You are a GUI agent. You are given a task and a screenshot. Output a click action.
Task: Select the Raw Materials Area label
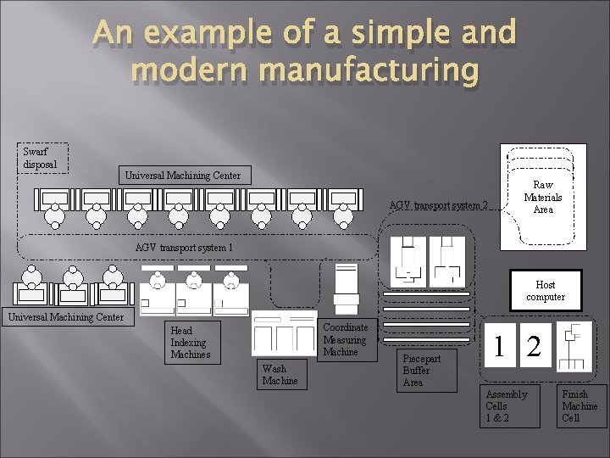pyautogui.click(x=542, y=198)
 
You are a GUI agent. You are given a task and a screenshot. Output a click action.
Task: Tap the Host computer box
pyautogui.click(x=545, y=291)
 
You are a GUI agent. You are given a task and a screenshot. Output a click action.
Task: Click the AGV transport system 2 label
pyautogui.click(x=438, y=204)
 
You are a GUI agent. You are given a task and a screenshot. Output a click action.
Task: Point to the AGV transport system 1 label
pyautogui.click(x=184, y=248)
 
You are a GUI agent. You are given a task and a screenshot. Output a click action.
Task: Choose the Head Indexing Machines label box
pyautogui.click(x=191, y=342)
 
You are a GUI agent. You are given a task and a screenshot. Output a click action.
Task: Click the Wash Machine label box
pyautogui.click(x=280, y=374)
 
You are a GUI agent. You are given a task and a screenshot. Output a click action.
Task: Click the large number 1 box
pyautogui.click(x=502, y=346)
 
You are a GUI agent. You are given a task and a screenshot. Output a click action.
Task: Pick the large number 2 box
pyautogui.click(x=534, y=346)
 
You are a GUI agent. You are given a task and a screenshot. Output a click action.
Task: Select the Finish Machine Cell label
pyautogui.click(x=579, y=406)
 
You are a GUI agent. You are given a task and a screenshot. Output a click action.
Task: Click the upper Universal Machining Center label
pyautogui.click(x=182, y=176)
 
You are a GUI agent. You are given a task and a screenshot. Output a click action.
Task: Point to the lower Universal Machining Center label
pyautogui.click(x=65, y=318)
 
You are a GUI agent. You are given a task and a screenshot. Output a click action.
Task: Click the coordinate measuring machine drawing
pyautogui.click(x=347, y=288)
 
